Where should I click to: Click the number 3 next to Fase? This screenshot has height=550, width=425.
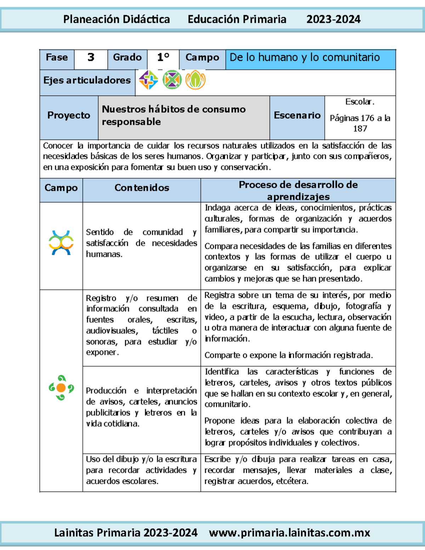pos(91,57)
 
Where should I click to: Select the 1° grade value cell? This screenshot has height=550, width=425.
pos(163,57)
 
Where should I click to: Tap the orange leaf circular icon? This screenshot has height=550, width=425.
pos(195,80)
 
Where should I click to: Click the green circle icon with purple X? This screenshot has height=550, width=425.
pos(172,80)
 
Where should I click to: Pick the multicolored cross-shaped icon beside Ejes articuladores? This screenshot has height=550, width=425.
pos(148,80)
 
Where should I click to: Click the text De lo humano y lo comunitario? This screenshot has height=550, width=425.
pos(305,57)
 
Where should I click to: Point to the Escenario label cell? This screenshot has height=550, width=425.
pos(297,115)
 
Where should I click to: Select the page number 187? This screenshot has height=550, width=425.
pos(360,129)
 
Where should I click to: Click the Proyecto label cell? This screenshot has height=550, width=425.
pos(69,115)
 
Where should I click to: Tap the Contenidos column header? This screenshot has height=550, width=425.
pos(142,188)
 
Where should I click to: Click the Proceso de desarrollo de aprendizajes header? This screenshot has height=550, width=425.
pos(298,190)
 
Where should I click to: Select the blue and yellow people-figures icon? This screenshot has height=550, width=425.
pos(61,243)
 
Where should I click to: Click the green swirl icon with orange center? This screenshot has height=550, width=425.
pos(61,388)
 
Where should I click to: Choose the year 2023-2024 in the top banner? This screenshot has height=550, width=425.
pos(333,19)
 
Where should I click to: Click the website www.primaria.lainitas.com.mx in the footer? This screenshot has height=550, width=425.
pos(289,533)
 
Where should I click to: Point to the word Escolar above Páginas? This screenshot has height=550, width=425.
pos(359,102)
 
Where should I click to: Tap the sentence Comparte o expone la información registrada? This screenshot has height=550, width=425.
pos(288,355)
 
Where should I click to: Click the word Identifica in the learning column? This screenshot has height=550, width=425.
pos(222,372)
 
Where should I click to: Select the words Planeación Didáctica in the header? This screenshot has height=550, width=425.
pos(117,19)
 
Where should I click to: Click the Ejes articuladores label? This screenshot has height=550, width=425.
pos(87,80)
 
